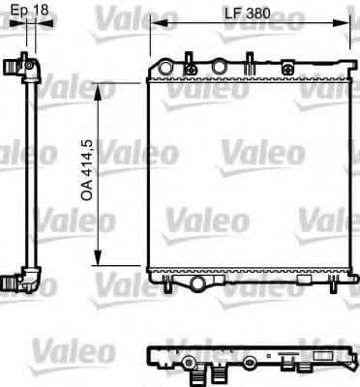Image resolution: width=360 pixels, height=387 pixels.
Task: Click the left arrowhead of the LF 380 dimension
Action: (156, 26)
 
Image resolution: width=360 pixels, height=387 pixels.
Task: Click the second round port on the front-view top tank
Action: (219, 67)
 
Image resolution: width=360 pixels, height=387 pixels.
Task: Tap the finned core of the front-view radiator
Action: (247, 174)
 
